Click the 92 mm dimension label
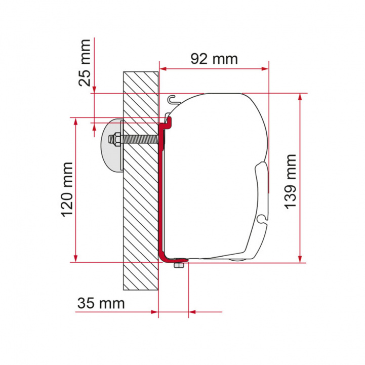click(x=214, y=59)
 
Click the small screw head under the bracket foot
click(x=178, y=266)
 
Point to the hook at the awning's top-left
click(x=173, y=98)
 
